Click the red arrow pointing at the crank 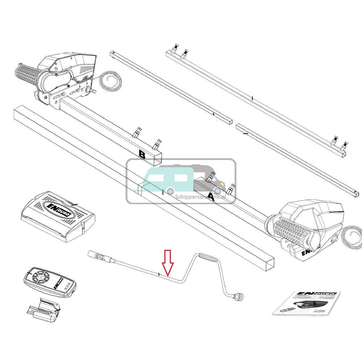pyautogui.click(x=167, y=262)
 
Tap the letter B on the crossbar pyautogui.click(x=142, y=155)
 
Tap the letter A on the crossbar pyautogui.click(x=211, y=197)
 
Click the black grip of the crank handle pyautogui.click(x=209, y=258)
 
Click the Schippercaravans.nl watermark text pyautogui.click(x=205, y=197)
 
